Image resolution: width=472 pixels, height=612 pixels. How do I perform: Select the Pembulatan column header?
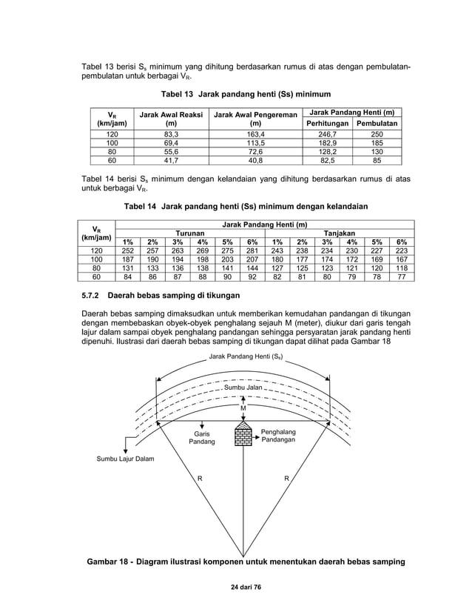(x=377, y=122)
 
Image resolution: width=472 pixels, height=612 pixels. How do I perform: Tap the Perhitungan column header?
(x=326, y=122)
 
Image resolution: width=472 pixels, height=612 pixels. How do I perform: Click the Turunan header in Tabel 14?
(x=189, y=233)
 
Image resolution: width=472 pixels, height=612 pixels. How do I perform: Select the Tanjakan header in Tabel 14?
(x=339, y=233)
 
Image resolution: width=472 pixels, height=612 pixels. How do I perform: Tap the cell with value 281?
(x=252, y=250)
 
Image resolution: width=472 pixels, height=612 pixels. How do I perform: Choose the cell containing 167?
(x=402, y=259)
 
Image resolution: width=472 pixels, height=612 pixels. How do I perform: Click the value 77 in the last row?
(x=402, y=277)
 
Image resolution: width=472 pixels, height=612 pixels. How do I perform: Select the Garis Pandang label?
(x=200, y=437)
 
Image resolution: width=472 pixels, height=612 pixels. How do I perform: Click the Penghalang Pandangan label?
(x=279, y=435)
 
